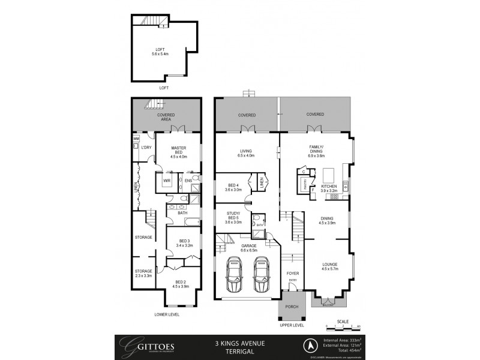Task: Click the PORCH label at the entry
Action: point(291,307)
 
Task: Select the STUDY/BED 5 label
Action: point(233,218)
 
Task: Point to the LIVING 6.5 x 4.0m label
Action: point(246,153)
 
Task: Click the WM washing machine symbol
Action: point(136,139)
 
